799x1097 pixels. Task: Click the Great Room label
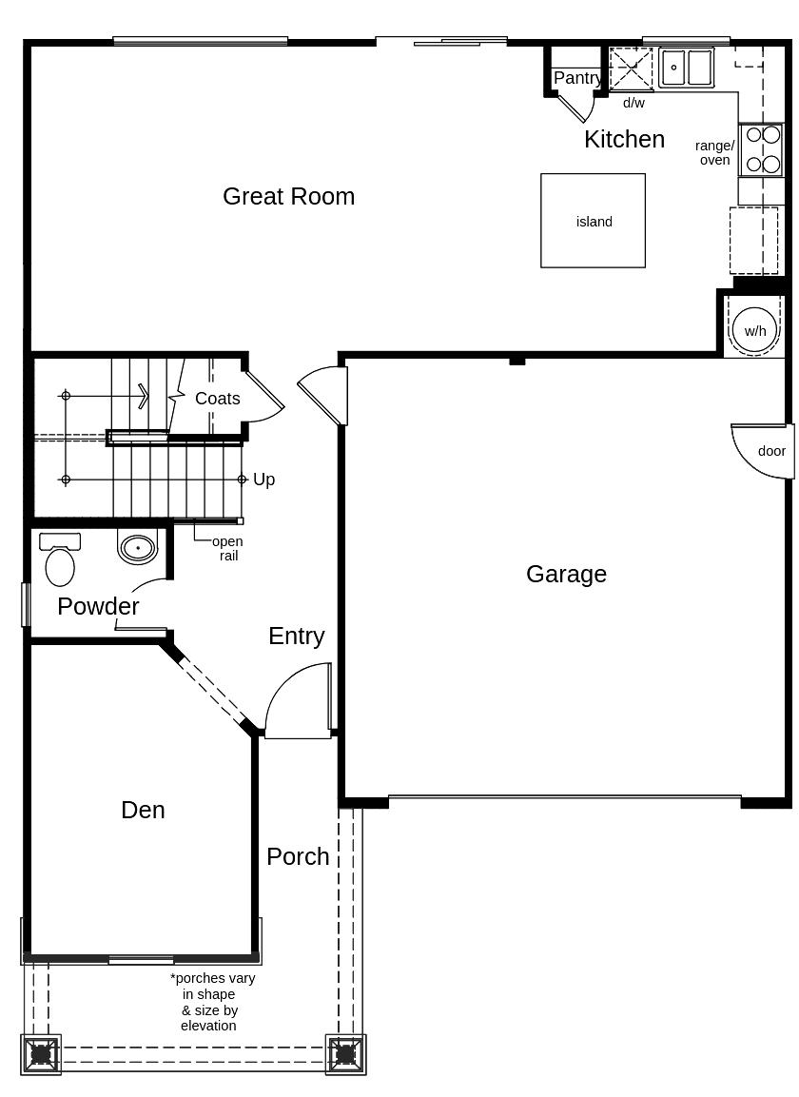pos(288,196)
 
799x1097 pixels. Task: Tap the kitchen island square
pos(593,221)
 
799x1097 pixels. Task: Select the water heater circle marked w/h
pos(755,330)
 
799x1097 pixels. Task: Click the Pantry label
pos(576,78)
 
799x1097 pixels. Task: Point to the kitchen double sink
pos(687,68)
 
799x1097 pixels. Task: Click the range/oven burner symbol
pos(762,149)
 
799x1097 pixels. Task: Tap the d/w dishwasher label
pos(633,103)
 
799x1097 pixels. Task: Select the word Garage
pos(566,574)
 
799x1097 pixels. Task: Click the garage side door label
pos(771,451)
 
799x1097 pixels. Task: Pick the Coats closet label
pos(217,399)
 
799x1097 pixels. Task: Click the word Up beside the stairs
pos(263,480)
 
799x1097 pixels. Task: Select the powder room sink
pos(138,548)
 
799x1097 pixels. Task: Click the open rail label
pos(227,548)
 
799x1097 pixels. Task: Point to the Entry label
pos(296,636)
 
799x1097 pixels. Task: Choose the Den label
pos(143,810)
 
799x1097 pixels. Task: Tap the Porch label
pos(298,856)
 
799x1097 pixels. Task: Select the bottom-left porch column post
pos(41,1054)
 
